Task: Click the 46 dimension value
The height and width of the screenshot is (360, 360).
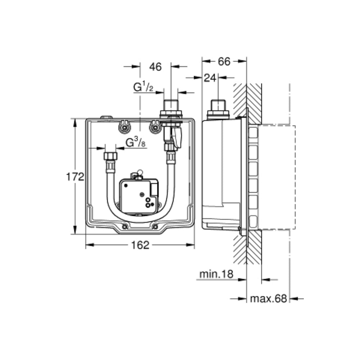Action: click(156, 67)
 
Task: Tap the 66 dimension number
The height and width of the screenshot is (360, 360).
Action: click(224, 61)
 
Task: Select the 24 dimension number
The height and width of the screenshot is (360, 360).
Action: click(210, 78)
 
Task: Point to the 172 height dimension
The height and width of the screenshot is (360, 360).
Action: click(75, 177)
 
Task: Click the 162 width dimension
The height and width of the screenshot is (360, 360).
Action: click(140, 245)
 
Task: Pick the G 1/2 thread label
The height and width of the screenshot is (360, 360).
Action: click(143, 87)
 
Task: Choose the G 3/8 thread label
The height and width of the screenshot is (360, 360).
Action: click(135, 143)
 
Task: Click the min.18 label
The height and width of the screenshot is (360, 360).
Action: click(216, 274)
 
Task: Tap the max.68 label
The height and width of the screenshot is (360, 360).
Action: click(269, 299)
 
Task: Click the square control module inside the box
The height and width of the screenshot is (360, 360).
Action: click(139, 196)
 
